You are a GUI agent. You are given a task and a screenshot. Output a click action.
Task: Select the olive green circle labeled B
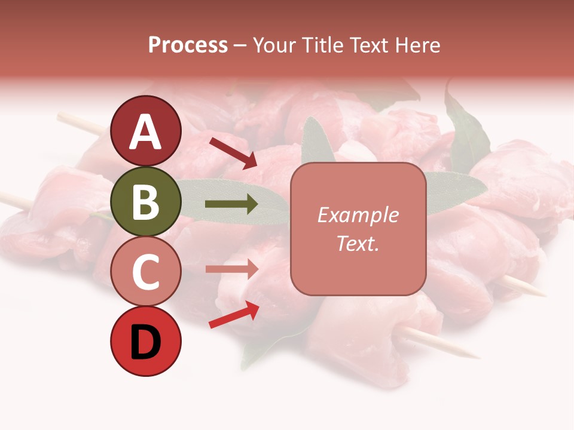click(x=146, y=202)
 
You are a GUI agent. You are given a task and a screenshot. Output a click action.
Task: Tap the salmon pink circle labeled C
click(x=146, y=272)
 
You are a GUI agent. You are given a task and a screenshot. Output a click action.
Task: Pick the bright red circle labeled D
click(x=146, y=342)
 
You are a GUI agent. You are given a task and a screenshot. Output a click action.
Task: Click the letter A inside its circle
click(x=146, y=133)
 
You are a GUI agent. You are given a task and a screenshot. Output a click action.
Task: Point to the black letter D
click(x=146, y=343)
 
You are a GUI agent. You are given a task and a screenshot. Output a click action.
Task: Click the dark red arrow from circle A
click(x=233, y=153)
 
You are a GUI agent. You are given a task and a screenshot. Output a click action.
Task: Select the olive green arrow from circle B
click(x=231, y=205)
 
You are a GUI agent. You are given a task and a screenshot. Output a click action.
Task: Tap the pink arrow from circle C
click(x=231, y=269)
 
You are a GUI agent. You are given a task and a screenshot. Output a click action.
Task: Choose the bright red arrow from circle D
click(x=234, y=315)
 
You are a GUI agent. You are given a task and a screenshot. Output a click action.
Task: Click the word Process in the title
click(x=188, y=45)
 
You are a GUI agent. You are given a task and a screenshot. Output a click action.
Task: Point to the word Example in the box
click(x=358, y=216)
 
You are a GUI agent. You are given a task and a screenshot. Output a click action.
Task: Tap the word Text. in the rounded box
click(x=358, y=243)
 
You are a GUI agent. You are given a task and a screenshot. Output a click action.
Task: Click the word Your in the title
click(x=275, y=45)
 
